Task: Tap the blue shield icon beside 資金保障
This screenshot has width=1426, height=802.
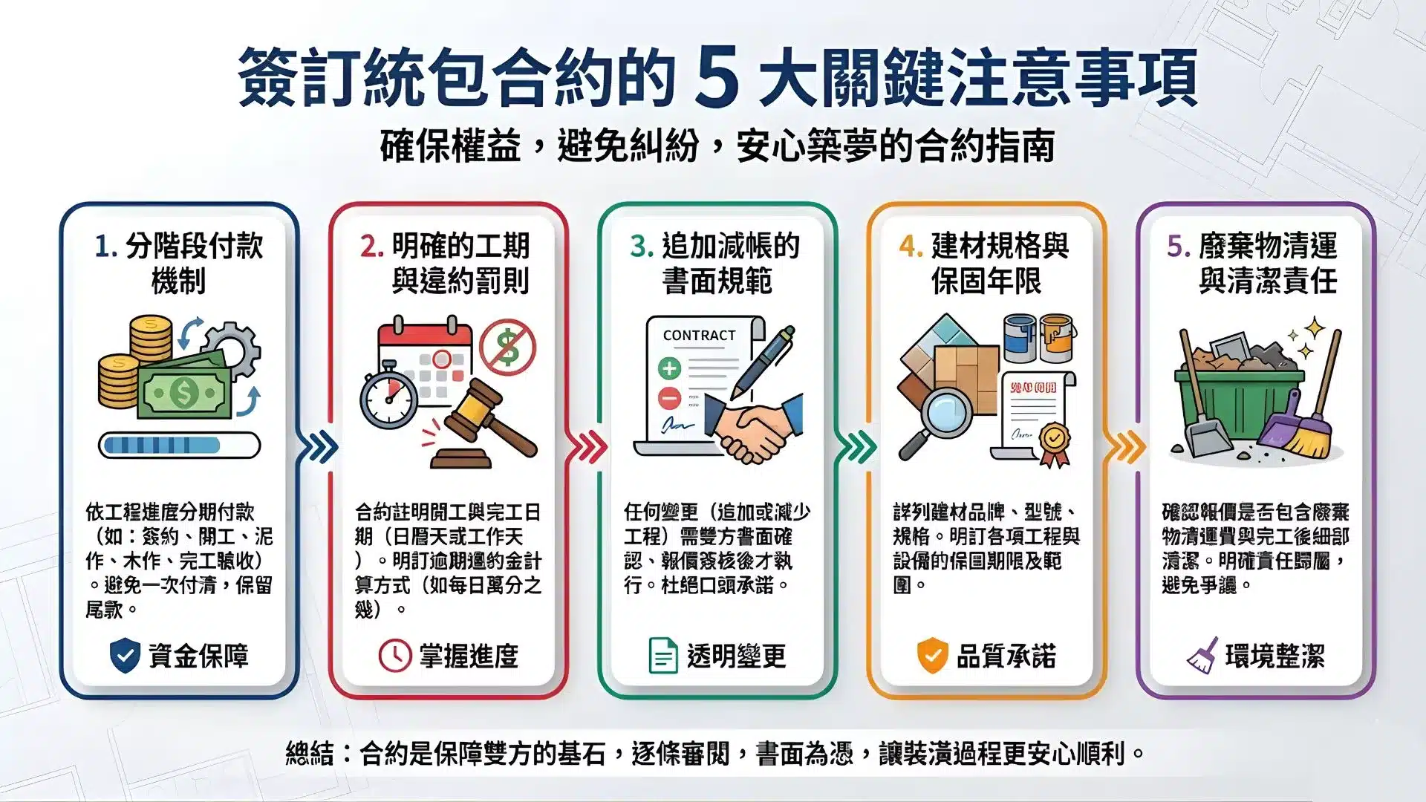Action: pos(125,656)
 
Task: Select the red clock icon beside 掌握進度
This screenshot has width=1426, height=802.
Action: pos(394,656)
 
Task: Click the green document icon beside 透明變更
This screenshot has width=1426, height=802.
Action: pos(662,656)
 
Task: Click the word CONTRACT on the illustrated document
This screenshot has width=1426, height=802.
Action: pos(699,336)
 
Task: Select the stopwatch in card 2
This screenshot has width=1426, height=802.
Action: pos(388,397)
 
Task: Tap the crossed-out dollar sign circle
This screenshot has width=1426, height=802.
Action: pos(507,347)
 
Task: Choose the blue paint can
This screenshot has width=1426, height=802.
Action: pos(1019,338)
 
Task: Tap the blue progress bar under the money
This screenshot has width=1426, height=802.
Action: pos(179,446)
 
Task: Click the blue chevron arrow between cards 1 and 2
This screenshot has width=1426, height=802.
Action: pos(317,447)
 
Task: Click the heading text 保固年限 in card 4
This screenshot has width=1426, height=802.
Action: pos(986,281)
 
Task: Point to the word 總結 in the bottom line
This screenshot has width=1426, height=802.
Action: pos(309,754)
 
